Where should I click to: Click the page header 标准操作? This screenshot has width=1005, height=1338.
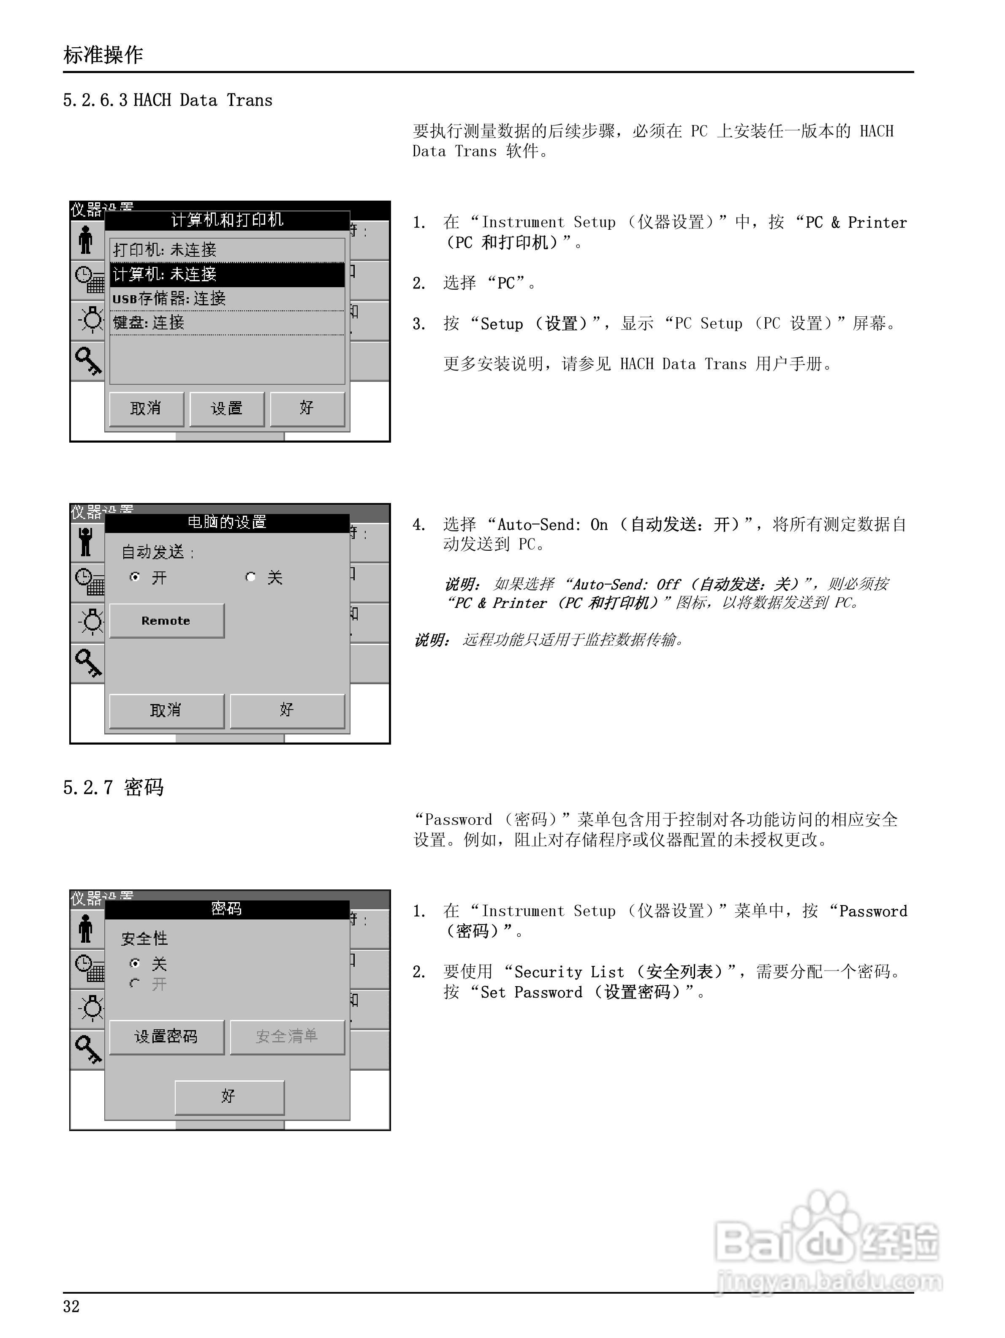pyautogui.click(x=103, y=55)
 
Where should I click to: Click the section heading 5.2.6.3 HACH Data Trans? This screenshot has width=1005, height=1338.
pyautogui.click(x=168, y=101)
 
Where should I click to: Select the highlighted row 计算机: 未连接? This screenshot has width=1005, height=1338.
pyautogui.click(x=227, y=275)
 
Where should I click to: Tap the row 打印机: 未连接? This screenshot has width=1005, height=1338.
pyautogui.click(x=227, y=250)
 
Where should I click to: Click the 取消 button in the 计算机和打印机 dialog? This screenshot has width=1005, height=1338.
pyautogui.click(x=146, y=409)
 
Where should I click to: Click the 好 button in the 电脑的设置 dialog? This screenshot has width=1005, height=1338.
pyautogui.click(x=287, y=710)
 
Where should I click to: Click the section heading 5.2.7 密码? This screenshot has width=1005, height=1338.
pyautogui.click(x=114, y=788)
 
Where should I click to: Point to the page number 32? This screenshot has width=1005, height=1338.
pyautogui.click(x=71, y=1307)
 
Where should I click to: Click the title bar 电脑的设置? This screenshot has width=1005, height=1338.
pyautogui.click(x=227, y=522)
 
